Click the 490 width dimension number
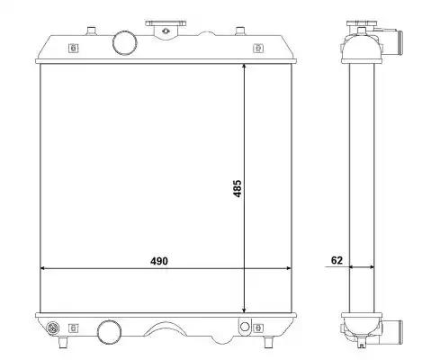159,261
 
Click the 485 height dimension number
237,188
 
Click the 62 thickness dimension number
337,260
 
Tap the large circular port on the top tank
125,42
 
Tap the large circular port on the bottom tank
110,332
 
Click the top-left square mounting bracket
73,48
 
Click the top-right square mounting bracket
258,48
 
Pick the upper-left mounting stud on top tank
91,31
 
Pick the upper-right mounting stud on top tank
240,31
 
